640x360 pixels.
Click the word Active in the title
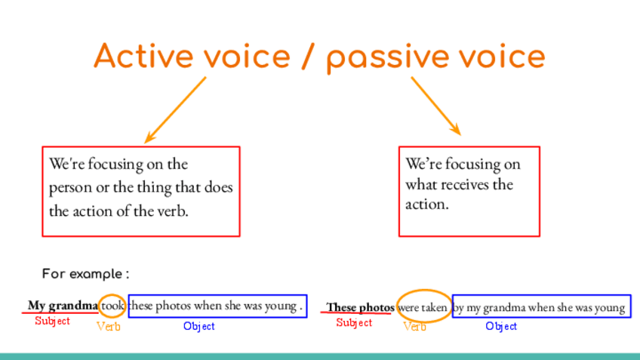(x=144, y=56)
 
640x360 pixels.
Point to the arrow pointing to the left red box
(x=176, y=109)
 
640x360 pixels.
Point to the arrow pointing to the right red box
(x=436, y=106)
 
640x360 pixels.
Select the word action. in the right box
(x=427, y=204)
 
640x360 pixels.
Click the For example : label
(x=86, y=274)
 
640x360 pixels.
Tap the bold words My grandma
(x=63, y=306)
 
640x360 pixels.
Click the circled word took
(x=112, y=306)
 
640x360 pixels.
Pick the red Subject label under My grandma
(x=52, y=321)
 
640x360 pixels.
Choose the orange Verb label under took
(x=109, y=327)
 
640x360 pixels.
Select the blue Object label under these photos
(x=199, y=326)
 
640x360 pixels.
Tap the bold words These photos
(x=360, y=307)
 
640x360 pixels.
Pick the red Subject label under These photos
(x=354, y=322)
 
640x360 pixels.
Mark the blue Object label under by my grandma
(x=501, y=326)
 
